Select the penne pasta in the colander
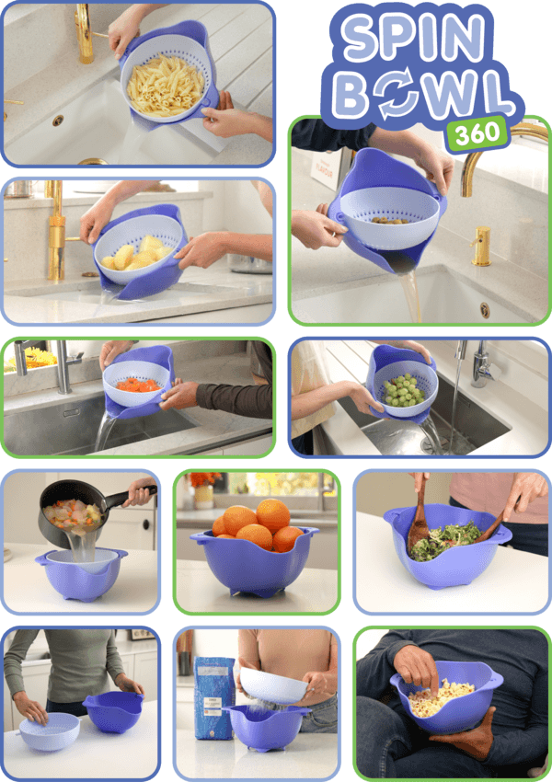(165, 86)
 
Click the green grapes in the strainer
(402, 390)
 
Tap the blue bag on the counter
(213, 696)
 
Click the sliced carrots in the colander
(139, 384)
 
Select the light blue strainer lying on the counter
(48, 730)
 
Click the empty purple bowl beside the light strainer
(112, 711)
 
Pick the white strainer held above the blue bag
(274, 685)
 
